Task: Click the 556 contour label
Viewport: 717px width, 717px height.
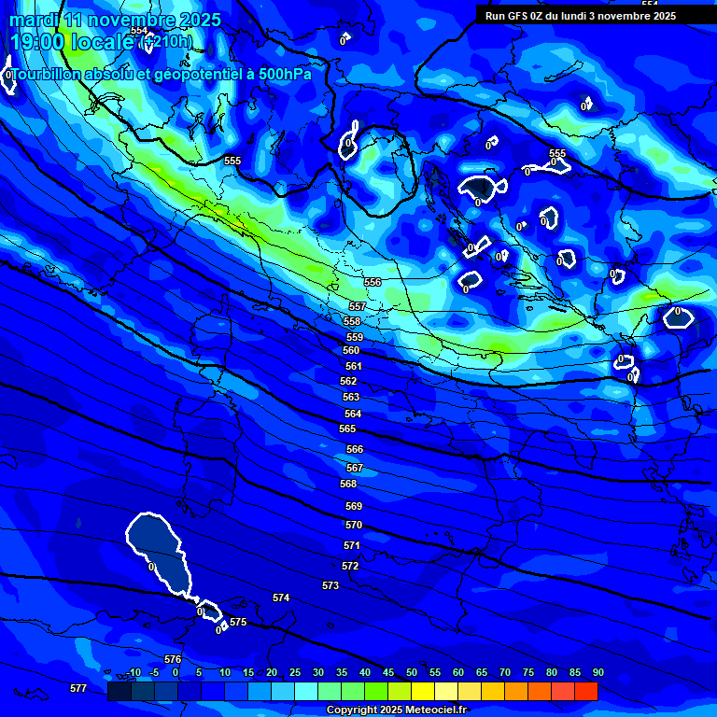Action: pos(373,282)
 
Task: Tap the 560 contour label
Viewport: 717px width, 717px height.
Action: pos(351,350)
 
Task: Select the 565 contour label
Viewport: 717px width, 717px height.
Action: pos(347,429)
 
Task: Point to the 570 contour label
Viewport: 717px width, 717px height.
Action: pos(354,526)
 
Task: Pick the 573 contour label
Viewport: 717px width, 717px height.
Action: pos(330,585)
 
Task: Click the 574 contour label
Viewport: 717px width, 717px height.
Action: pos(281,597)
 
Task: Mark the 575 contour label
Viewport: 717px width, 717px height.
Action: pos(238,622)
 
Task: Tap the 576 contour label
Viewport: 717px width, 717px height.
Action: pos(173,659)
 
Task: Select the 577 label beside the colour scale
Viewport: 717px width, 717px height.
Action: pos(78,688)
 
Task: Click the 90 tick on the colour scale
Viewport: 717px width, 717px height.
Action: pos(597,672)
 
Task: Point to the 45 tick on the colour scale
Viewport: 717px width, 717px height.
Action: pos(388,672)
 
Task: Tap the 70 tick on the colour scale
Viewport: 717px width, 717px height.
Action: pos(505,672)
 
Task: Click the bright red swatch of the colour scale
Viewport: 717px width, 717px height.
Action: pos(585,691)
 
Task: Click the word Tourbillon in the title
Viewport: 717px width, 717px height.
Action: pos(48,75)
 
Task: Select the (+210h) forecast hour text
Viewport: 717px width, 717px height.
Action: pos(165,41)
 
